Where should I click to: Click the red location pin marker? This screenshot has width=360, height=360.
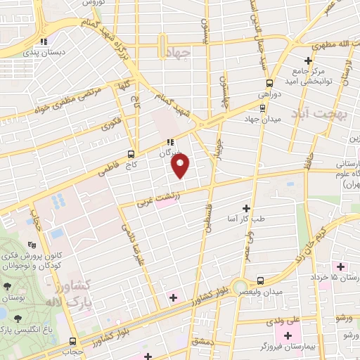click(x=181, y=166)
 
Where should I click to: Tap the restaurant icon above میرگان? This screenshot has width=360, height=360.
click(x=169, y=143)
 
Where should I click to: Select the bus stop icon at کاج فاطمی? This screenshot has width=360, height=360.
click(x=131, y=154)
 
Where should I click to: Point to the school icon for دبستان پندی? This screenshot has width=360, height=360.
click(x=44, y=41)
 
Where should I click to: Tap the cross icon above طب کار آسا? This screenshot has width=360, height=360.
click(x=246, y=208)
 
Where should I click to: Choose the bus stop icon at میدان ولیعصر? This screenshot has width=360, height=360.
click(x=261, y=279)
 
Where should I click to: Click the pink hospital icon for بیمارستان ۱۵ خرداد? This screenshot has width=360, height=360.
click(x=342, y=266)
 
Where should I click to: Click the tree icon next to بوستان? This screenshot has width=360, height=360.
click(x=7, y=286)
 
